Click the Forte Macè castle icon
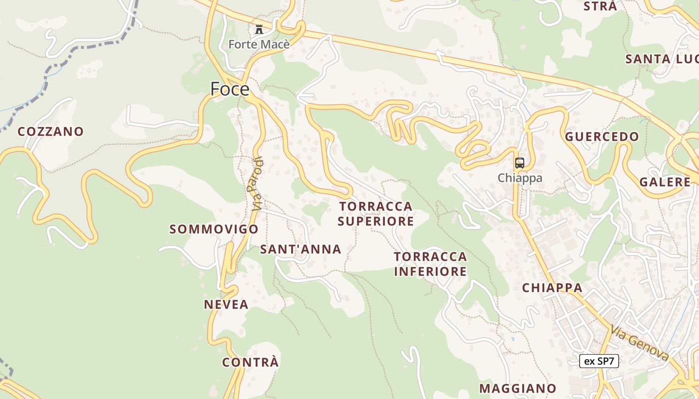click(259, 29)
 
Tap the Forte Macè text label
click(259, 44)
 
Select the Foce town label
click(230, 89)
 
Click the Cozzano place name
click(51, 132)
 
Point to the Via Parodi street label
click(257, 183)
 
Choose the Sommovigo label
click(214, 229)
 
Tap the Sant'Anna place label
click(301, 249)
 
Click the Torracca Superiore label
click(376, 213)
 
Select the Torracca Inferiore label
click(430, 264)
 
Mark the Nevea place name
click(226, 305)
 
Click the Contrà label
click(251, 363)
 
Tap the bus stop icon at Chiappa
click(520, 163)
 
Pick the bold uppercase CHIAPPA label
click(552, 288)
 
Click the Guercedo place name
click(602, 137)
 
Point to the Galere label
click(665, 182)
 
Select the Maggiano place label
click(518, 389)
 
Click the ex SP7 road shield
click(599, 361)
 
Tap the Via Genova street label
click(640, 343)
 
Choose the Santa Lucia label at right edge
click(662, 59)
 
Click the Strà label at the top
click(601, 6)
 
